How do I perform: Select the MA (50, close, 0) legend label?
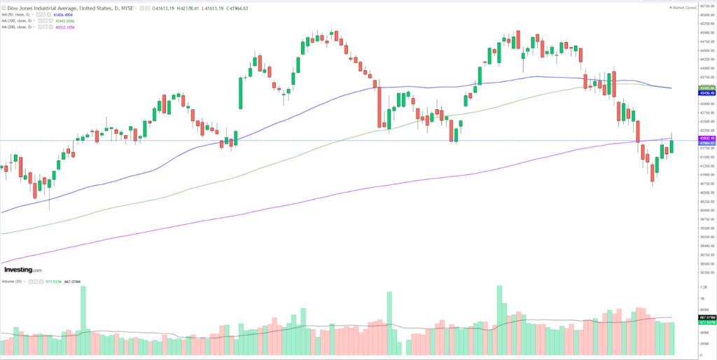coord(20,15)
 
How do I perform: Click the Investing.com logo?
coord(23,270)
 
